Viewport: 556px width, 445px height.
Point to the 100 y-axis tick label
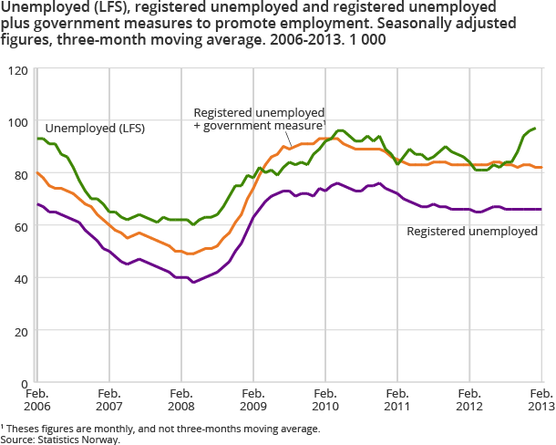tap(17, 123)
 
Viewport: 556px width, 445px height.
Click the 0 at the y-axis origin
tap(24, 384)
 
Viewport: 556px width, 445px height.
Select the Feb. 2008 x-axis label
tap(180, 400)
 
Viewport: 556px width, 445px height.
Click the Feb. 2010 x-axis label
tap(324, 400)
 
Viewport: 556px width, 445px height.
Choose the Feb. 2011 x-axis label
tap(396, 400)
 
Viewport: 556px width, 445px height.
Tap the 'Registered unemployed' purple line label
tap(471, 232)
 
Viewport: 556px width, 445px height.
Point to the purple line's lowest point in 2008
tap(193, 283)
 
